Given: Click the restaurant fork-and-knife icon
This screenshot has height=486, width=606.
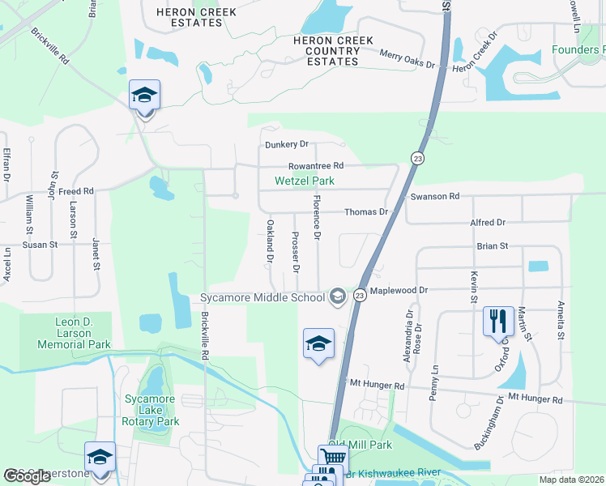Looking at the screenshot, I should click(x=498, y=322).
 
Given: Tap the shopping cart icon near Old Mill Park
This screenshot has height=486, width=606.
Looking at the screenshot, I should click(x=333, y=458).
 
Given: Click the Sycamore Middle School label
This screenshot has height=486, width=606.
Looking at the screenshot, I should click(x=262, y=297).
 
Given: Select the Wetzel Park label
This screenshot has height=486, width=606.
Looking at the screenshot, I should click(x=305, y=181).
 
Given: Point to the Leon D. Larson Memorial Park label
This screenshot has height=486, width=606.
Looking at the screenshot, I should click(x=71, y=333).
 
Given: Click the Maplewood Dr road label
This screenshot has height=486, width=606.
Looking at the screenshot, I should click(x=399, y=290).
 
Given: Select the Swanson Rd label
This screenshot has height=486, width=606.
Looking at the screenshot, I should click(x=435, y=197).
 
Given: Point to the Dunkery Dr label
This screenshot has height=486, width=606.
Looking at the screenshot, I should click(x=287, y=145).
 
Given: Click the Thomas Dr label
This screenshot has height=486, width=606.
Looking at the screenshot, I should click(x=366, y=212).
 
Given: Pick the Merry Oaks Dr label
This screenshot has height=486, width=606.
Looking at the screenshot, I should click(x=408, y=58).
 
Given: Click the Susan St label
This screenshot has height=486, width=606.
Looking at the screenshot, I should click(x=40, y=244).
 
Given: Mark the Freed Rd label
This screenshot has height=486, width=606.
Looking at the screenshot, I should click(x=76, y=191).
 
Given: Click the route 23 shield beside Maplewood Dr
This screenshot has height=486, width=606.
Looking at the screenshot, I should click(x=360, y=297).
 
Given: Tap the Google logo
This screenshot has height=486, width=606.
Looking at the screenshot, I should click(x=28, y=476).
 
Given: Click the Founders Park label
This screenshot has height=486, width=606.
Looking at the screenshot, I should click(x=578, y=49).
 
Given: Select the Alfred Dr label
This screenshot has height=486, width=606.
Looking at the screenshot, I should click(x=488, y=222).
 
